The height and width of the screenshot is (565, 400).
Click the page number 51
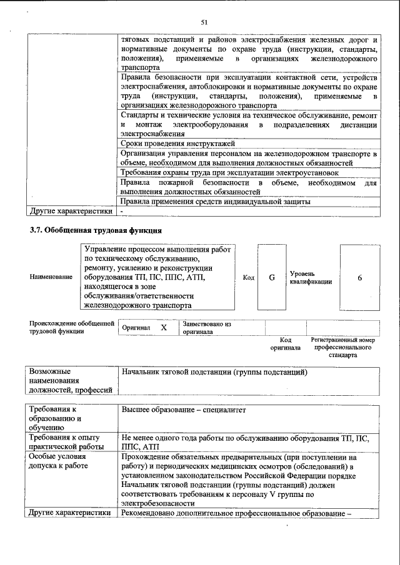204,22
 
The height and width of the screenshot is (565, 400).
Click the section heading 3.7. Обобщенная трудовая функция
96,230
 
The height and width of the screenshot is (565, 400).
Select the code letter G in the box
272,278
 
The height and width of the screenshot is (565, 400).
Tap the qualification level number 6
360,278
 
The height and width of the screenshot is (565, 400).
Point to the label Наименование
50,277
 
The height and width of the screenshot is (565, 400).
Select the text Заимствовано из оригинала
207,328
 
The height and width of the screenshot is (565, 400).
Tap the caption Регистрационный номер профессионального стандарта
343,347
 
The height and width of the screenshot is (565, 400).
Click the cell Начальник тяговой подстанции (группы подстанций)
214,373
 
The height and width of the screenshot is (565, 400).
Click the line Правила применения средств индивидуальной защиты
215,201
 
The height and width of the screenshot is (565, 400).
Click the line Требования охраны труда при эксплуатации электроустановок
229,172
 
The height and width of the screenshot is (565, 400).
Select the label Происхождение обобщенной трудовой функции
71,328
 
